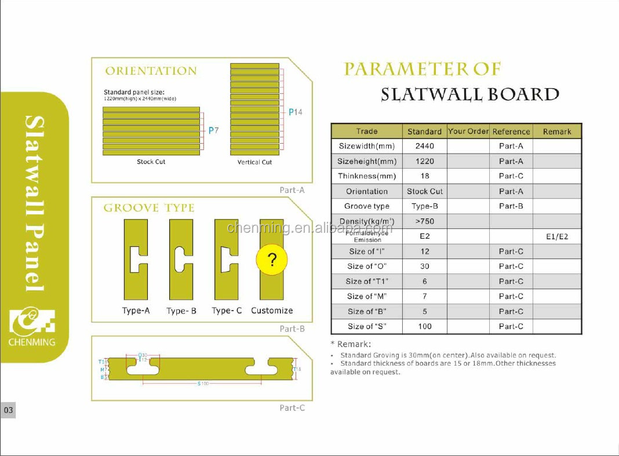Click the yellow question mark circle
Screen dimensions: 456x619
(272, 260)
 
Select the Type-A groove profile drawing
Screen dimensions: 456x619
(136, 259)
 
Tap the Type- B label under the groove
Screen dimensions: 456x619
(181, 311)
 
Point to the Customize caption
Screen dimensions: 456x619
(272, 311)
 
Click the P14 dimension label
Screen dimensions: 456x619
(296, 112)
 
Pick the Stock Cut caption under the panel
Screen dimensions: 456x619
(151, 162)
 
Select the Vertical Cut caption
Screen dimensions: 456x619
(254, 162)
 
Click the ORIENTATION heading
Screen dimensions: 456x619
(151, 71)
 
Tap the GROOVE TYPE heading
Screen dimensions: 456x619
(149, 208)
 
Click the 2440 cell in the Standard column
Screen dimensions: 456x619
(424, 146)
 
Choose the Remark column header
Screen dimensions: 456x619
(557, 132)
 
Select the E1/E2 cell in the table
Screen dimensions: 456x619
(557, 236)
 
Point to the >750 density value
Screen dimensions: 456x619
(424, 221)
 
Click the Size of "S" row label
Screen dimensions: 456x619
(367, 326)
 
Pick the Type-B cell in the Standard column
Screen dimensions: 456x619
(424, 206)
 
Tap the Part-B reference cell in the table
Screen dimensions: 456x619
(511, 206)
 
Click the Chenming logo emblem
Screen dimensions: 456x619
(32, 322)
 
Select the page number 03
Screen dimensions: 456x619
(8, 410)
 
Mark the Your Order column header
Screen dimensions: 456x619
(468, 132)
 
